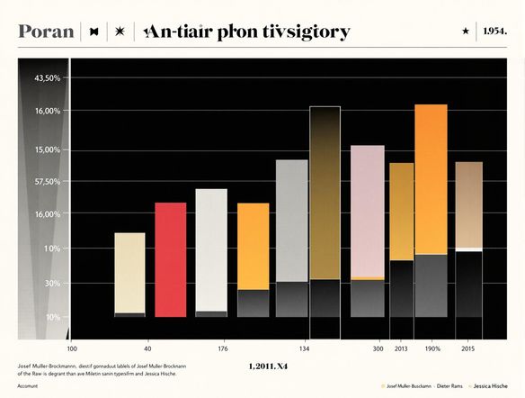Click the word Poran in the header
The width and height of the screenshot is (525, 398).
click(45, 32)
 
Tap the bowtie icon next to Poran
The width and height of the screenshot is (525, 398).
click(94, 32)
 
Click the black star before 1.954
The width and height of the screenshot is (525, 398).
click(465, 31)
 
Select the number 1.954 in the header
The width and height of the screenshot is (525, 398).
click(494, 31)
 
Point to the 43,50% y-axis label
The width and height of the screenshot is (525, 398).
click(47, 79)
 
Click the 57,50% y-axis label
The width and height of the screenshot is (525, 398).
click(47, 182)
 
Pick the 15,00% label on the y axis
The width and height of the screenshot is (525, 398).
click(47, 149)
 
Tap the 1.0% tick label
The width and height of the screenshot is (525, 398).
click(52, 249)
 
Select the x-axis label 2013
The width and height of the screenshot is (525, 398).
click(400, 348)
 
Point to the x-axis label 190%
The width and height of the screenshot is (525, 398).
click(432, 348)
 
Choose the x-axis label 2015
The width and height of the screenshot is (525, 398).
click(468, 348)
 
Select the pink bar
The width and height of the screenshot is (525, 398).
click(367, 212)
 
